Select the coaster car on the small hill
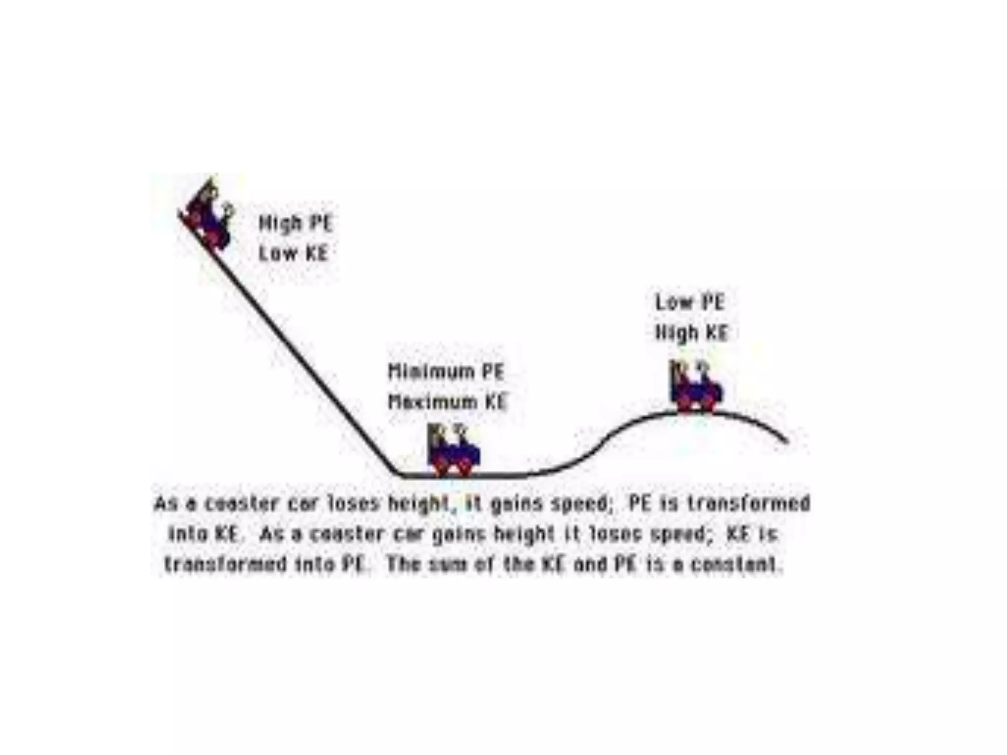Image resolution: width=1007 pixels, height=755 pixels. pyautogui.click(x=696, y=388)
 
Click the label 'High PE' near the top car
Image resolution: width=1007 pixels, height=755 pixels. pyautogui.click(x=296, y=224)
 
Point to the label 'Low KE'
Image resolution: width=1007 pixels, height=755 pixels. pyautogui.click(x=294, y=254)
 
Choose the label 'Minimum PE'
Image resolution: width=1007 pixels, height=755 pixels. pyautogui.click(x=446, y=372)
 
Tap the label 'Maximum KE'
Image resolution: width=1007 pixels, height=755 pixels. pyautogui.click(x=447, y=402)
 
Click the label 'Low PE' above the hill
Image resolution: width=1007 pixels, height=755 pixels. pyautogui.click(x=690, y=302)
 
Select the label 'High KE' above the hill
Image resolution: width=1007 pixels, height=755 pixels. pyautogui.click(x=691, y=333)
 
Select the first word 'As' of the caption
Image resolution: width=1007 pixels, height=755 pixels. pyautogui.click(x=165, y=504)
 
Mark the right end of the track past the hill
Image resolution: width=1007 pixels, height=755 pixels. pyautogui.click(x=787, y=441)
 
